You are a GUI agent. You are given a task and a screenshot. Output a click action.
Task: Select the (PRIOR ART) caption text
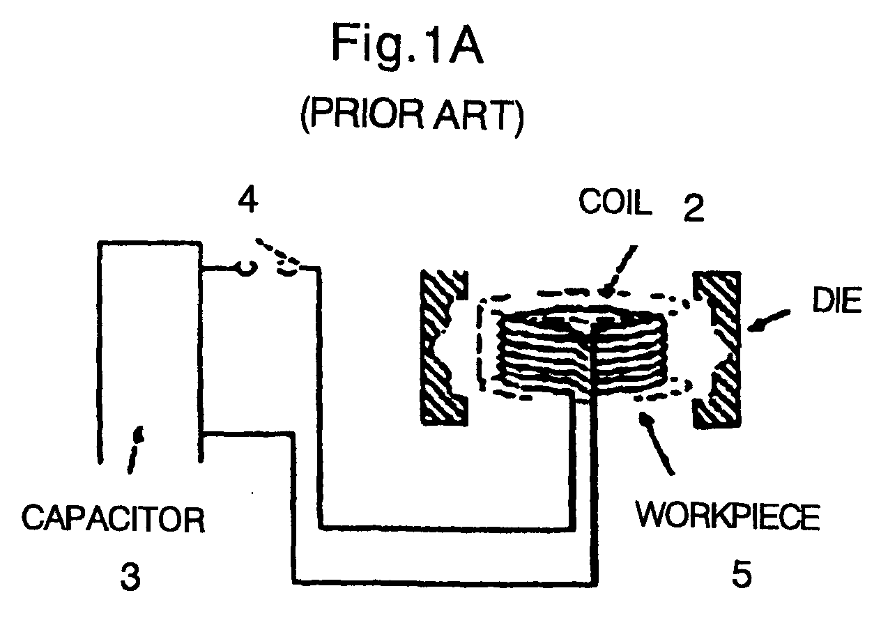tap(412, 116)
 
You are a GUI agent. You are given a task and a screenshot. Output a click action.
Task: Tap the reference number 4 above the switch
tap(248, 200)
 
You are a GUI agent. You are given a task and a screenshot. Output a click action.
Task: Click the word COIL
tap(615, 202)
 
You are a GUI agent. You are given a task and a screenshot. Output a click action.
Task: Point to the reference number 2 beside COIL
tap(694, 208)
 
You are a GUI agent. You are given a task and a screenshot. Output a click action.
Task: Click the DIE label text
tap(837, 300)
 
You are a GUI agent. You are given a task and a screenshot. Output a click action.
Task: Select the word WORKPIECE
tap(728, 516)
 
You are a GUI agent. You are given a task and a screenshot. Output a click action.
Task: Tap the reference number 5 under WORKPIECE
tap(742, 574)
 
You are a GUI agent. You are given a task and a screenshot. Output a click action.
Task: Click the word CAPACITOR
tap(114, 519)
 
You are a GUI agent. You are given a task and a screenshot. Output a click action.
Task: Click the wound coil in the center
tap(581, 351)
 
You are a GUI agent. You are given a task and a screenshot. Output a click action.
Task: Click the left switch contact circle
tap(247, 269)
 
